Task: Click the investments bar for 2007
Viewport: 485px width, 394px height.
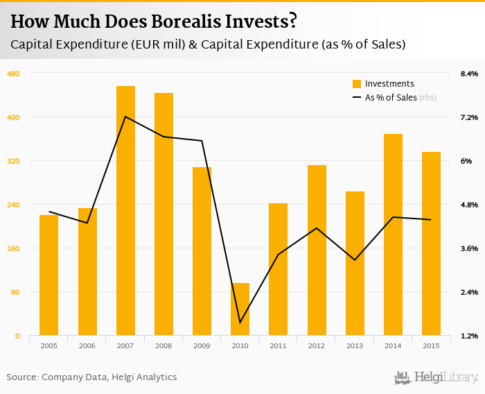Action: pyautogui.click(x=125, y=211)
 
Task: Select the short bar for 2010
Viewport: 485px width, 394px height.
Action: pyautogui.click(x=240, y=309)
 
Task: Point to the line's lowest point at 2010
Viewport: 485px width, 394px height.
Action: pyautogui.click(x=240, y=323)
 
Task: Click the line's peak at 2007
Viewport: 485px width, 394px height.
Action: pyautogui.click(x=125, y=117)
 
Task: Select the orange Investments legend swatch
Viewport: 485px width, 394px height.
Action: pyautogui.click(x=357, y=84)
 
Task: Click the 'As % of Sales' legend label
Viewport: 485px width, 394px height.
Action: pyautogui.click(x=391, y=98)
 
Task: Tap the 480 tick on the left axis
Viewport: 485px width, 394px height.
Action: pyautogui.click(x=13, y=74)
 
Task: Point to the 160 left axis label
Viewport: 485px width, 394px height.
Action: pyautogui.click(x=13, y=248)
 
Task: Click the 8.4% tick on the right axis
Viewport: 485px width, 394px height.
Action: pyautogui.click(x=469, y=74)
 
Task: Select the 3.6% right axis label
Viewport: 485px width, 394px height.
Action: pyautogui.click(x=469, y=248)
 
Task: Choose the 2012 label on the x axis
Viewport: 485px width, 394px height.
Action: pyautogui.click(x=317, y=345)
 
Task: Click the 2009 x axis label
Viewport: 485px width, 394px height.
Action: pyautogui.click(x=202, y=345)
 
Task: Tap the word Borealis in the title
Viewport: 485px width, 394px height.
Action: pyautogui.click(x=187, y=22)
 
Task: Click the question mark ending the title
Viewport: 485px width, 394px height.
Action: pyautogui.click(x=293, y=22)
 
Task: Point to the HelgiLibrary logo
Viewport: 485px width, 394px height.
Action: pyautogui.click(x=436, y=377)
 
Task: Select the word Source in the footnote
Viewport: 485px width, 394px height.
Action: pyautogui.click(x=21, y=377)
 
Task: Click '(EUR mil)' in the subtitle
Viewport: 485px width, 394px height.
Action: pyautogui.click(x=157, y=44)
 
